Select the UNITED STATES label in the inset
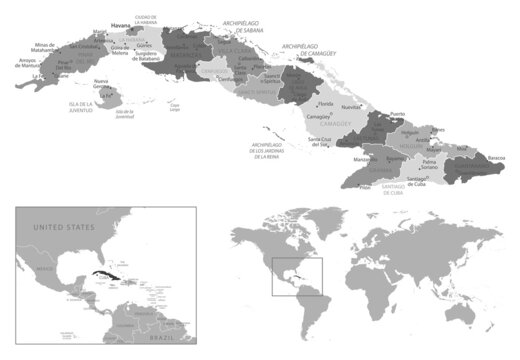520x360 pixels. [63, 229]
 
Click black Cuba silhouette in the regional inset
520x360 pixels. [104, 273]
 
